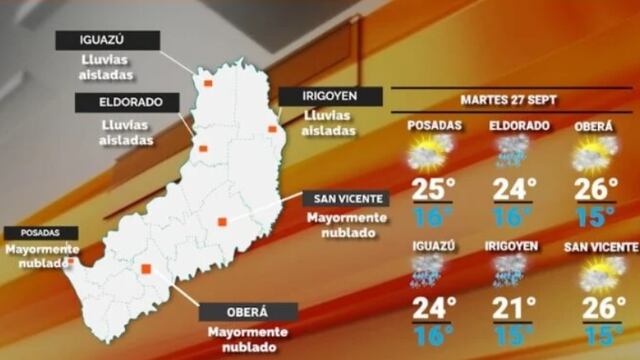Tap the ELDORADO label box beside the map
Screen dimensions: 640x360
(x=126, y=102)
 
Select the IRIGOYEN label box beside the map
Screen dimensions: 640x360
(x=331, y=96)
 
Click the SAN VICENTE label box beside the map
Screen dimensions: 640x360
(x=345, y=198)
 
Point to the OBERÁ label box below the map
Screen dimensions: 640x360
(x=247, y=312)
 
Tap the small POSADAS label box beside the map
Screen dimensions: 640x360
(x=40, y=233)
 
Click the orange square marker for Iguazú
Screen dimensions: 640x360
(x=208, y=83)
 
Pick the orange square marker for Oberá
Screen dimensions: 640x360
(x=146, y=268)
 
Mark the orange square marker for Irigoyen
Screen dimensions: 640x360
(x=273, y=129)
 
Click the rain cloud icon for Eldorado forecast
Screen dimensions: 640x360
(x=512, y=152)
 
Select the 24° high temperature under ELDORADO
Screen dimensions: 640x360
(x=515, y=189)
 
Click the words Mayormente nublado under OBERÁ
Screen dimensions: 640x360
(x=247, y=339)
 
